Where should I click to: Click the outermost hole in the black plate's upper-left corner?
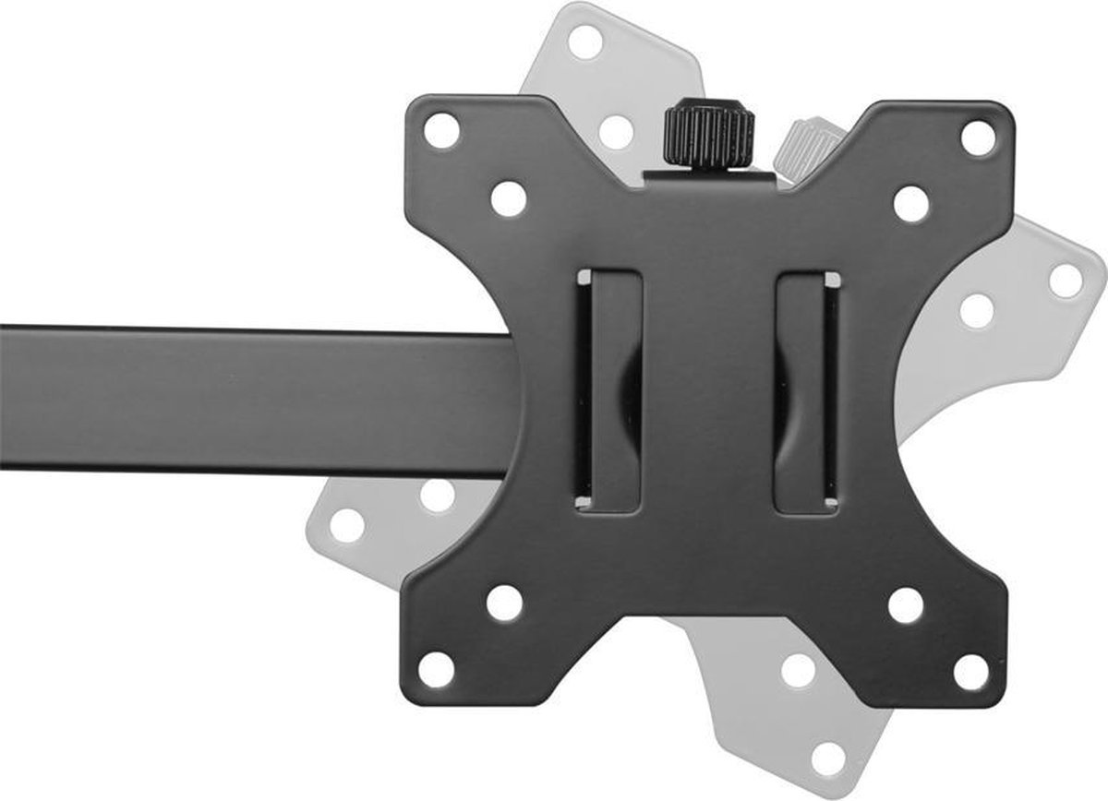click(x=441, y=130)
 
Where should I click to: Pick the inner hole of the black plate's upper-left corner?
click(x=509, y=199)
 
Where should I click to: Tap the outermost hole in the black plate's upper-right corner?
click(x=978, y=137)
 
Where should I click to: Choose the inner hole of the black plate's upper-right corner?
click(x=911, y=203)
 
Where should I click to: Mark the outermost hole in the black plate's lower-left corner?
click(x=437, y=669)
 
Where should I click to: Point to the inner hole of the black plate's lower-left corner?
click(x=504, y=603)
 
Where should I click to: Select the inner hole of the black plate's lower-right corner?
click(x=905, y=605)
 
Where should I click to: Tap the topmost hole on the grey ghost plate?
click(x=584, y=42)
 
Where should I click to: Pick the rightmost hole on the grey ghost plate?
click(x=1066, y=281)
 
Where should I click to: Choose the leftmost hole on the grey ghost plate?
click(x=347, y=525)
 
